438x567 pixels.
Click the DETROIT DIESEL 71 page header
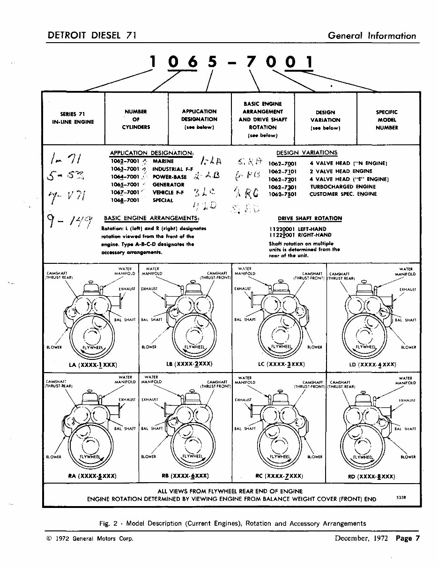[92, 36]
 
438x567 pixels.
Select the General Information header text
[371, 36]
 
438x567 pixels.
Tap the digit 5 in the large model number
[213, 62]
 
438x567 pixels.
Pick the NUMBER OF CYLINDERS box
[136, 119]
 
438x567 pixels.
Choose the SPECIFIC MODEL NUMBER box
[387, 119]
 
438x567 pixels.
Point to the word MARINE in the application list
[163, 161]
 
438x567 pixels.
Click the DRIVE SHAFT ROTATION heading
[310, 218]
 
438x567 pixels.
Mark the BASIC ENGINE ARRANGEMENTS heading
[151, 218]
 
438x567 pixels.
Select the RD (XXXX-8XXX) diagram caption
[372, 477]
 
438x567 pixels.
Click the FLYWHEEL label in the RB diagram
[192, 455]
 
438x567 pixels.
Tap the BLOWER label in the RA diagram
[53, 457]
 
